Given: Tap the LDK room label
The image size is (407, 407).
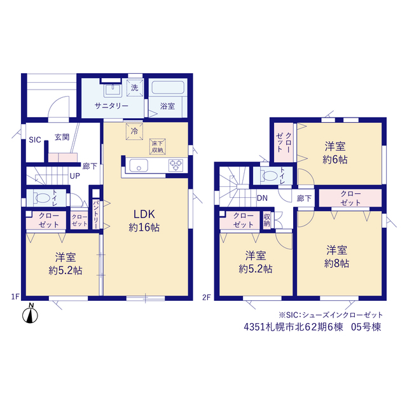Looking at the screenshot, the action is [144, 214].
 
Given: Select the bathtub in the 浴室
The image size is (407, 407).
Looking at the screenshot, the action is [168, 88].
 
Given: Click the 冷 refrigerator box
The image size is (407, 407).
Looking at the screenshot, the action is [134, 132].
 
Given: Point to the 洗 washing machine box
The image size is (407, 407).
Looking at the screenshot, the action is [135, 88].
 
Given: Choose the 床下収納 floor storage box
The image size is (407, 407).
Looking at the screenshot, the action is [158, 147].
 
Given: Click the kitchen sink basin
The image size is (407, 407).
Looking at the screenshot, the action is [139, 165].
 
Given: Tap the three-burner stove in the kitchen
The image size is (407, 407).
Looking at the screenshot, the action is [176, 165].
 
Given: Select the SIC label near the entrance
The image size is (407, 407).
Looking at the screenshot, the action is [35, 140].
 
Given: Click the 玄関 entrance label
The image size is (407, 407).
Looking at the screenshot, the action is [62, 137].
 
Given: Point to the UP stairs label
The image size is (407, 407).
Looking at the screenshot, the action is [75, 176].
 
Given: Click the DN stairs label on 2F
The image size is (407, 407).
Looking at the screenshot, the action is [262, 198].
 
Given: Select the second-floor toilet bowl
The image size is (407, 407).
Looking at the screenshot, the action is [270, 176].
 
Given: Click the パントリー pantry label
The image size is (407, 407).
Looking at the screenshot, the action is [96, 214].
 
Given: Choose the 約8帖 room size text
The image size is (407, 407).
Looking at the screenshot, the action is [336, 263].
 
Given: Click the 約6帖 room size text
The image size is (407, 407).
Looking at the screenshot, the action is [335, 160].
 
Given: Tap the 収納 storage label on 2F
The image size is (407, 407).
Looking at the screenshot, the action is [267, 221].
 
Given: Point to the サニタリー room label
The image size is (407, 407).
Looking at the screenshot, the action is [111, 106].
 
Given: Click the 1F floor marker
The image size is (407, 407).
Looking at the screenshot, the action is [15, 296].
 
